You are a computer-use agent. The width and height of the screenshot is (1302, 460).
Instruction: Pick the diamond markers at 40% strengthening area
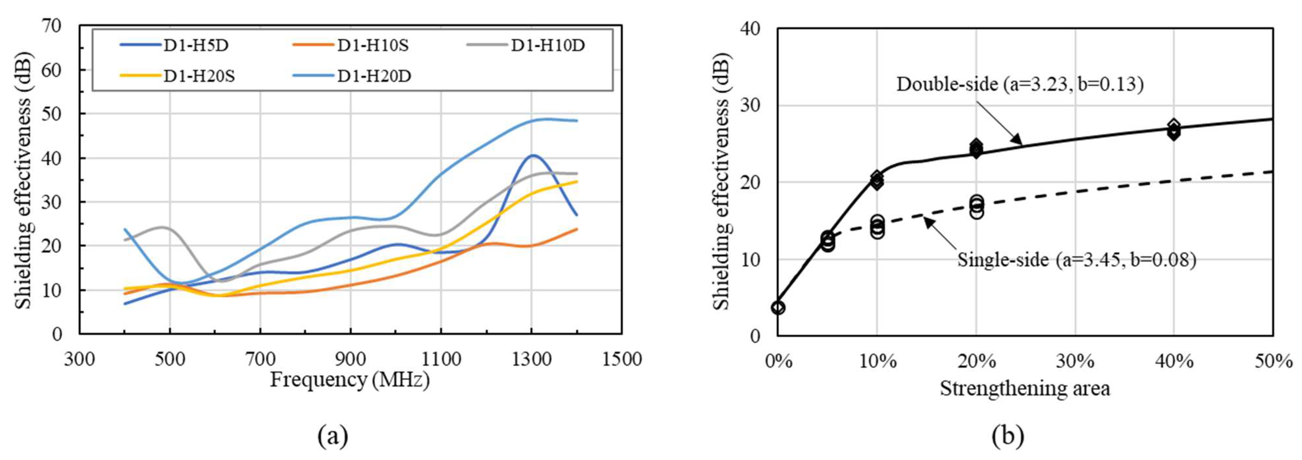click(1174, 130)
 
